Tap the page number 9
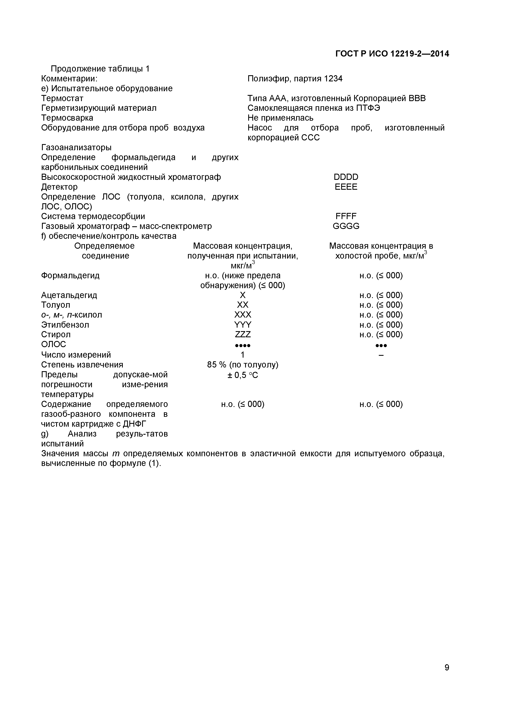446,676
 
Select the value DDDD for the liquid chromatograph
346,177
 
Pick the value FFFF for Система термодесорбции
346,216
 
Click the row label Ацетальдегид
69,295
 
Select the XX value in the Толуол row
243,305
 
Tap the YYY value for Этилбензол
243,325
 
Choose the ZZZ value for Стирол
243,334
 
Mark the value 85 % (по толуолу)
243,365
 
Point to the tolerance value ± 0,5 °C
243,375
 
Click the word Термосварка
67,118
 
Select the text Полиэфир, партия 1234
295,79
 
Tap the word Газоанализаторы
76,147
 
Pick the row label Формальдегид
70,275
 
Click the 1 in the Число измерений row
243,355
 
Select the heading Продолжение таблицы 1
100,69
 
